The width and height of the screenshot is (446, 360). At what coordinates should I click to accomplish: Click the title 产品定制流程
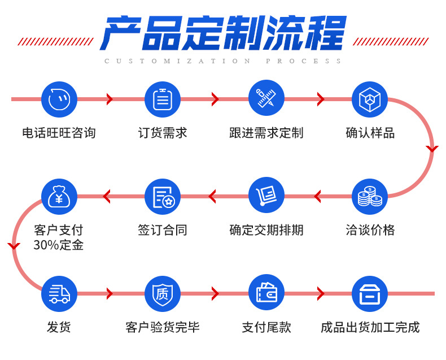[223, 32]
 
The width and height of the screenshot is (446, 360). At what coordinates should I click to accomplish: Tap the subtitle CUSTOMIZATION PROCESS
[223, 61]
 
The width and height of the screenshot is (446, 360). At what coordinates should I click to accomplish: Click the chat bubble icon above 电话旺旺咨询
[59, 99]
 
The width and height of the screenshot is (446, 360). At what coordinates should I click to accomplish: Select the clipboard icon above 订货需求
[163, 99]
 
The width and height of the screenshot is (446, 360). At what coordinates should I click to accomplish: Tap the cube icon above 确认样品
[370, 99]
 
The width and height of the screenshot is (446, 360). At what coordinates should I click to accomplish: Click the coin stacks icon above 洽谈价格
[370, 196]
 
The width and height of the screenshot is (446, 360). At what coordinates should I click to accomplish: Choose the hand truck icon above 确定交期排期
[266, 196]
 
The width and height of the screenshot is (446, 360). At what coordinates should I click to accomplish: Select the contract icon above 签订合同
[163, 196]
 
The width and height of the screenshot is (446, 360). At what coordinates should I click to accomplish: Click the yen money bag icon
[59, 196]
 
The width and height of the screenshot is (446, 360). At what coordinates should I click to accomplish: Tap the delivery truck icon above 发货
[59, 293]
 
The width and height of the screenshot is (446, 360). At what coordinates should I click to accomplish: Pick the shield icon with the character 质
[163, 293]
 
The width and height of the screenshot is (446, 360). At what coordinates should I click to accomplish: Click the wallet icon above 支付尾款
[266, 292]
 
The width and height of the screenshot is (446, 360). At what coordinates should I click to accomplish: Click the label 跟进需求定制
[266, 133]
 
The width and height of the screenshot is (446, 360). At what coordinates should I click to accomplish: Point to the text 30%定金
[59, 245]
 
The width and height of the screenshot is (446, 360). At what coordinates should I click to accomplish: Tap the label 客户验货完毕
[163, 327]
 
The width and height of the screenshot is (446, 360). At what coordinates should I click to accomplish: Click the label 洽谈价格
[370, 230]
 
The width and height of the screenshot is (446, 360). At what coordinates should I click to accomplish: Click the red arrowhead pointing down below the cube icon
[432, 149]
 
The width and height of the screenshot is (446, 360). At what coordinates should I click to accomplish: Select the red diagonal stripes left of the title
[55, 41]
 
